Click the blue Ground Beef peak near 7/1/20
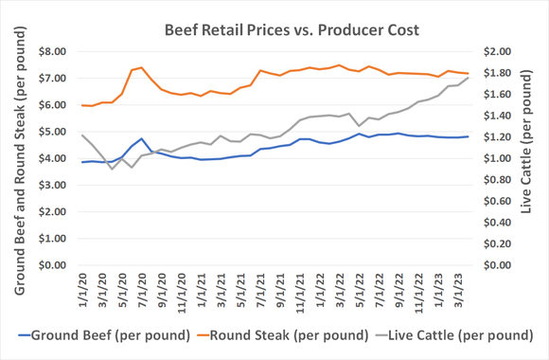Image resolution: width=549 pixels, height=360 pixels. pos(141,138)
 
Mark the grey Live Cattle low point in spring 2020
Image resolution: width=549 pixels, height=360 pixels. pos(112,169)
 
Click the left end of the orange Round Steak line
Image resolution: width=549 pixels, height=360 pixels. pos(82,105)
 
